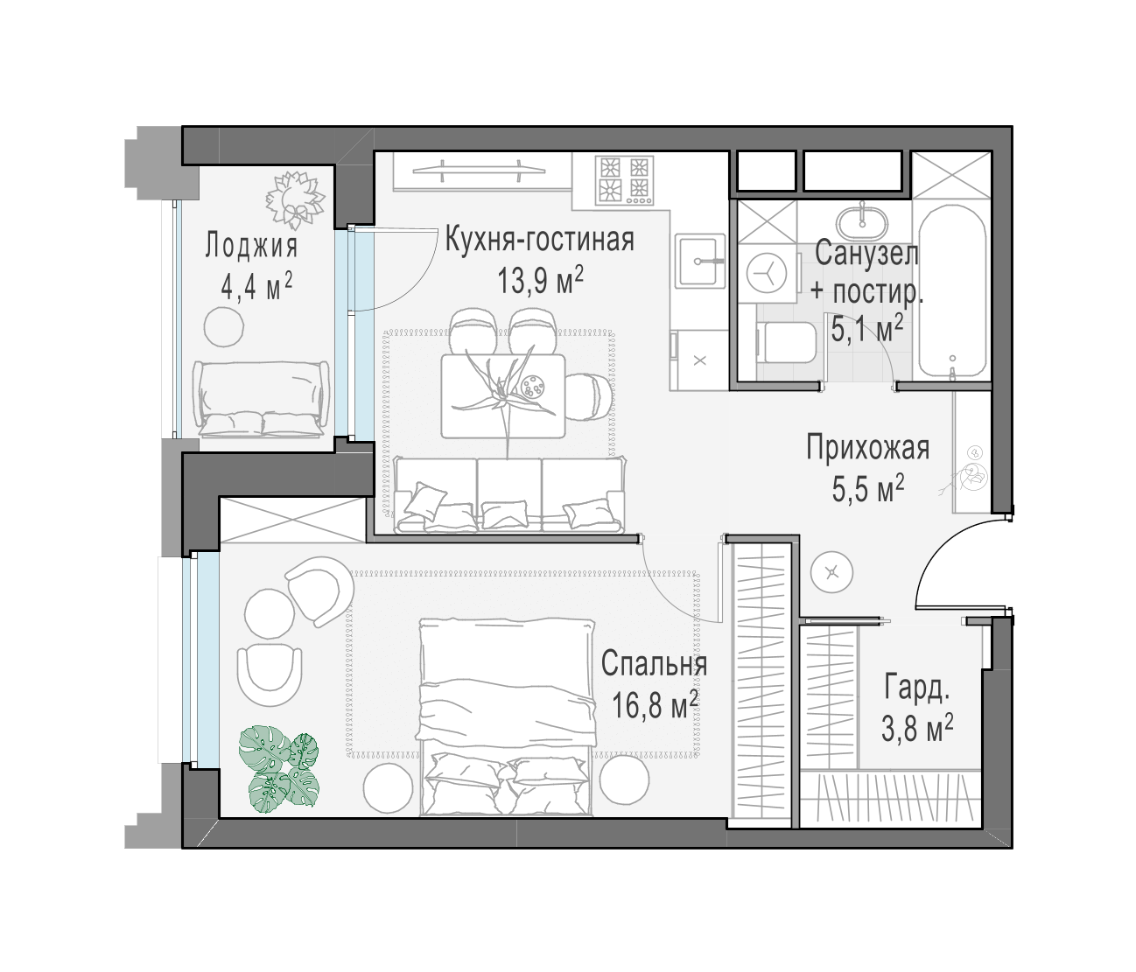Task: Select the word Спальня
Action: coord(654,664)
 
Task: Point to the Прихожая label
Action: coord(868,448)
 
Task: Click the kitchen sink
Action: coord(699,260)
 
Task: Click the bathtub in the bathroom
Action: coord(952,291)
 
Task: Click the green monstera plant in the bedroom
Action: coord(278,767)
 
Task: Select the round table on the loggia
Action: coord(224,326)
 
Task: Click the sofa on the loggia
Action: coord(261,400)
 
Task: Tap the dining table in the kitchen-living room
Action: coord(503,395)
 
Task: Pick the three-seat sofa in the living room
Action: coord(509,495)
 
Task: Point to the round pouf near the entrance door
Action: coord(832,572)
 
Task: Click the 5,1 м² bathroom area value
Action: coord(867,329)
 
